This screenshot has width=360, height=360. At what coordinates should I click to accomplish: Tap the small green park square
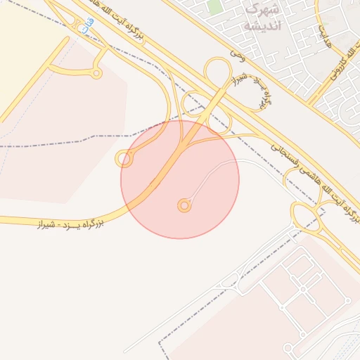pyautogui.click(x=214, y=7)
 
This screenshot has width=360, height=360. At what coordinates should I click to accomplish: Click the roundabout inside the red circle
pyautogui.click(x=184, y=205)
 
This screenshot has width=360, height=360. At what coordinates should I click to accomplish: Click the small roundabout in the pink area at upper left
pyautogui.click(x=96, y=72)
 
